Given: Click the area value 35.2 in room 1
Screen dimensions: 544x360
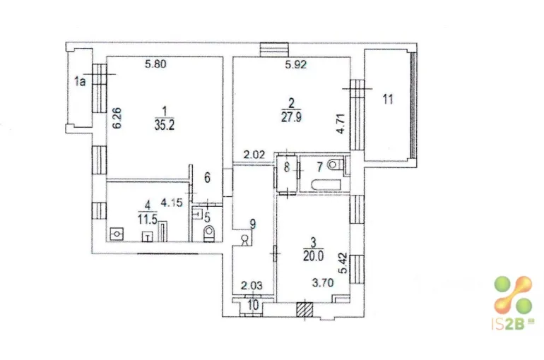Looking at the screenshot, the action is click(x=165, y=125).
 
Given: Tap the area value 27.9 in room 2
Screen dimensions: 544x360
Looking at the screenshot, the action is click(x=291, y=116).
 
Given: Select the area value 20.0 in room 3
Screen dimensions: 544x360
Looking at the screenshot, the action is click(x=313, y=256).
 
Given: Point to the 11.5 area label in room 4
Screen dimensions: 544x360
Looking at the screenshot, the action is click(x=148, y=219).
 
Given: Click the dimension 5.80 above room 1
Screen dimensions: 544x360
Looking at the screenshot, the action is click(x=155, y=64).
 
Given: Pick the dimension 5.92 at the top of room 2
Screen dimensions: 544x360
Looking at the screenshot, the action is click(x=296, y=65).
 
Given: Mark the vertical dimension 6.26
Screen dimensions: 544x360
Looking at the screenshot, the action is click(x=117, y=118).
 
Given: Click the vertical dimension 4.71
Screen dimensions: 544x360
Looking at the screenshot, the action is click(x=341, y=124).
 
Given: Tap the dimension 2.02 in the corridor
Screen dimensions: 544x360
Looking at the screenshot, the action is click(x=254, y=155).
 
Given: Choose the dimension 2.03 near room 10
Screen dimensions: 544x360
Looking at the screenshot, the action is click(x=252, y=286).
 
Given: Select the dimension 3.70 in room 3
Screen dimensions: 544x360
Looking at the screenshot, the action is click(x=323, y=283).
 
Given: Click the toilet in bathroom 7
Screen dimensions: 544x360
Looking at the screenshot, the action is click(x=336, y=164).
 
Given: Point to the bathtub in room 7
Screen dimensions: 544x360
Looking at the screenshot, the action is click(x=327, y=184).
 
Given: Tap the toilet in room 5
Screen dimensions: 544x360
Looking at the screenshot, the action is click(x=209, y=232).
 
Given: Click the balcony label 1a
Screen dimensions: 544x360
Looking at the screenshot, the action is click(x=80, y=82).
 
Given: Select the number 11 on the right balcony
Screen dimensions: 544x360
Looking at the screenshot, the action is click(x=388, y=100).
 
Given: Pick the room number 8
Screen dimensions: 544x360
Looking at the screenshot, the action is click(x=287, y=168).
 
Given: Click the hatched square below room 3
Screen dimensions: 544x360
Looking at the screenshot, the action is click(x=305, y=309).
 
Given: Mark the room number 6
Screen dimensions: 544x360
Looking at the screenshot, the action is click(x=207, y=178).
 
